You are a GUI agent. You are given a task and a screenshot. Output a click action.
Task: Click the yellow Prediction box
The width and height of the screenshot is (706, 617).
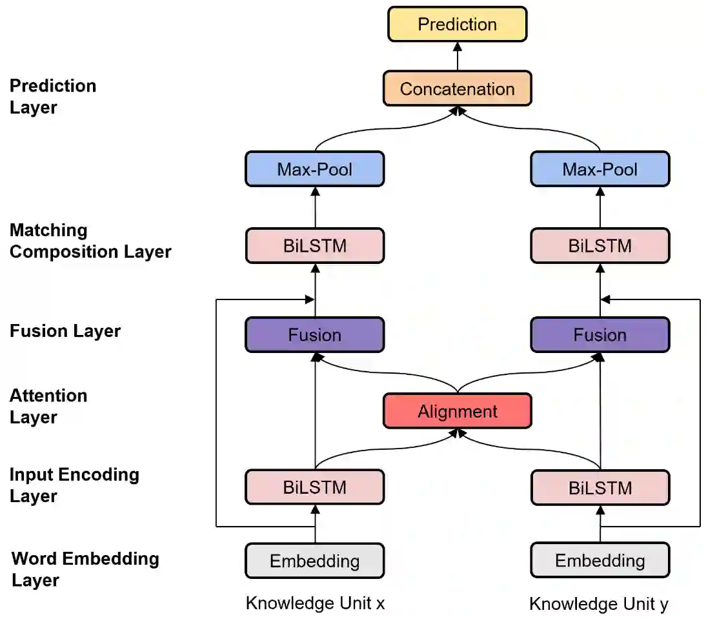(x=457, y=25)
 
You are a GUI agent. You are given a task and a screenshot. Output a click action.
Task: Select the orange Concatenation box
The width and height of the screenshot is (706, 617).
(x=457, y=88)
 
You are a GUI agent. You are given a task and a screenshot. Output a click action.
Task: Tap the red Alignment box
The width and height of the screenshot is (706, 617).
(x=457, y=411)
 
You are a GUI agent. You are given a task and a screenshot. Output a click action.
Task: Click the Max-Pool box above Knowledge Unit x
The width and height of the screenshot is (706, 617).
(x=314, y=169)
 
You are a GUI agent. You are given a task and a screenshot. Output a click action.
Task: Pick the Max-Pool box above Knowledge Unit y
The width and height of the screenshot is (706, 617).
(x=600, y=169)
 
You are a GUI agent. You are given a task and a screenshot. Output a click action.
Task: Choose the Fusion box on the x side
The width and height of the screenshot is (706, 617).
(x=314, y=335)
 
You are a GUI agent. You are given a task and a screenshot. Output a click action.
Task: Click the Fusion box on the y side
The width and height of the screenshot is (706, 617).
(x=600, y=335)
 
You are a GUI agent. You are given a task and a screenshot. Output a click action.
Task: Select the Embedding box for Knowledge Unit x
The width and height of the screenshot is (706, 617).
(x=314, y=560)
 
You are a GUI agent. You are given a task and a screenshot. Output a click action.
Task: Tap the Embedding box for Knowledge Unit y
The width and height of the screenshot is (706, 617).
(x=600, y=560)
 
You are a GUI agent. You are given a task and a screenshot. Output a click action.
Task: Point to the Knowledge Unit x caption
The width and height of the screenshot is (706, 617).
(x=315, y=603)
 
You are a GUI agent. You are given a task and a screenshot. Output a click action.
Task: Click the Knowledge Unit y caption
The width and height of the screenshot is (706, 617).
(x=598, y=604)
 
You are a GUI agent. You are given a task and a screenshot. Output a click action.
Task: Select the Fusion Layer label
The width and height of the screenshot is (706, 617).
(x=65, y=331)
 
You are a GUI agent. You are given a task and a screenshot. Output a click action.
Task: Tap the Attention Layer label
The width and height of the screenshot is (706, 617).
(x=48, y=406)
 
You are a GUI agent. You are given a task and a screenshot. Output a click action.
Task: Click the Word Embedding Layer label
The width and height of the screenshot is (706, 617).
(x=85, y=569)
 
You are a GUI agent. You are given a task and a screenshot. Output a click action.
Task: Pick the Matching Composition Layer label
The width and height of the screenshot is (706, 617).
(x=90, y=241)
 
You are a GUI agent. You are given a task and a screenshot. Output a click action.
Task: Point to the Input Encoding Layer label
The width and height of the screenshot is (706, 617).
(x=74, y=485)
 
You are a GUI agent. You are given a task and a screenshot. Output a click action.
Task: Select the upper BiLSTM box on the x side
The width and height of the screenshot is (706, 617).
(x=314, y=246)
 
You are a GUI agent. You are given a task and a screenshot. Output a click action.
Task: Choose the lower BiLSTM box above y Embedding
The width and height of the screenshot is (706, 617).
(x=600, y=487)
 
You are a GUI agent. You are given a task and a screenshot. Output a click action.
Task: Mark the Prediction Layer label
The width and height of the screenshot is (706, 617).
(x=53, y=96)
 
